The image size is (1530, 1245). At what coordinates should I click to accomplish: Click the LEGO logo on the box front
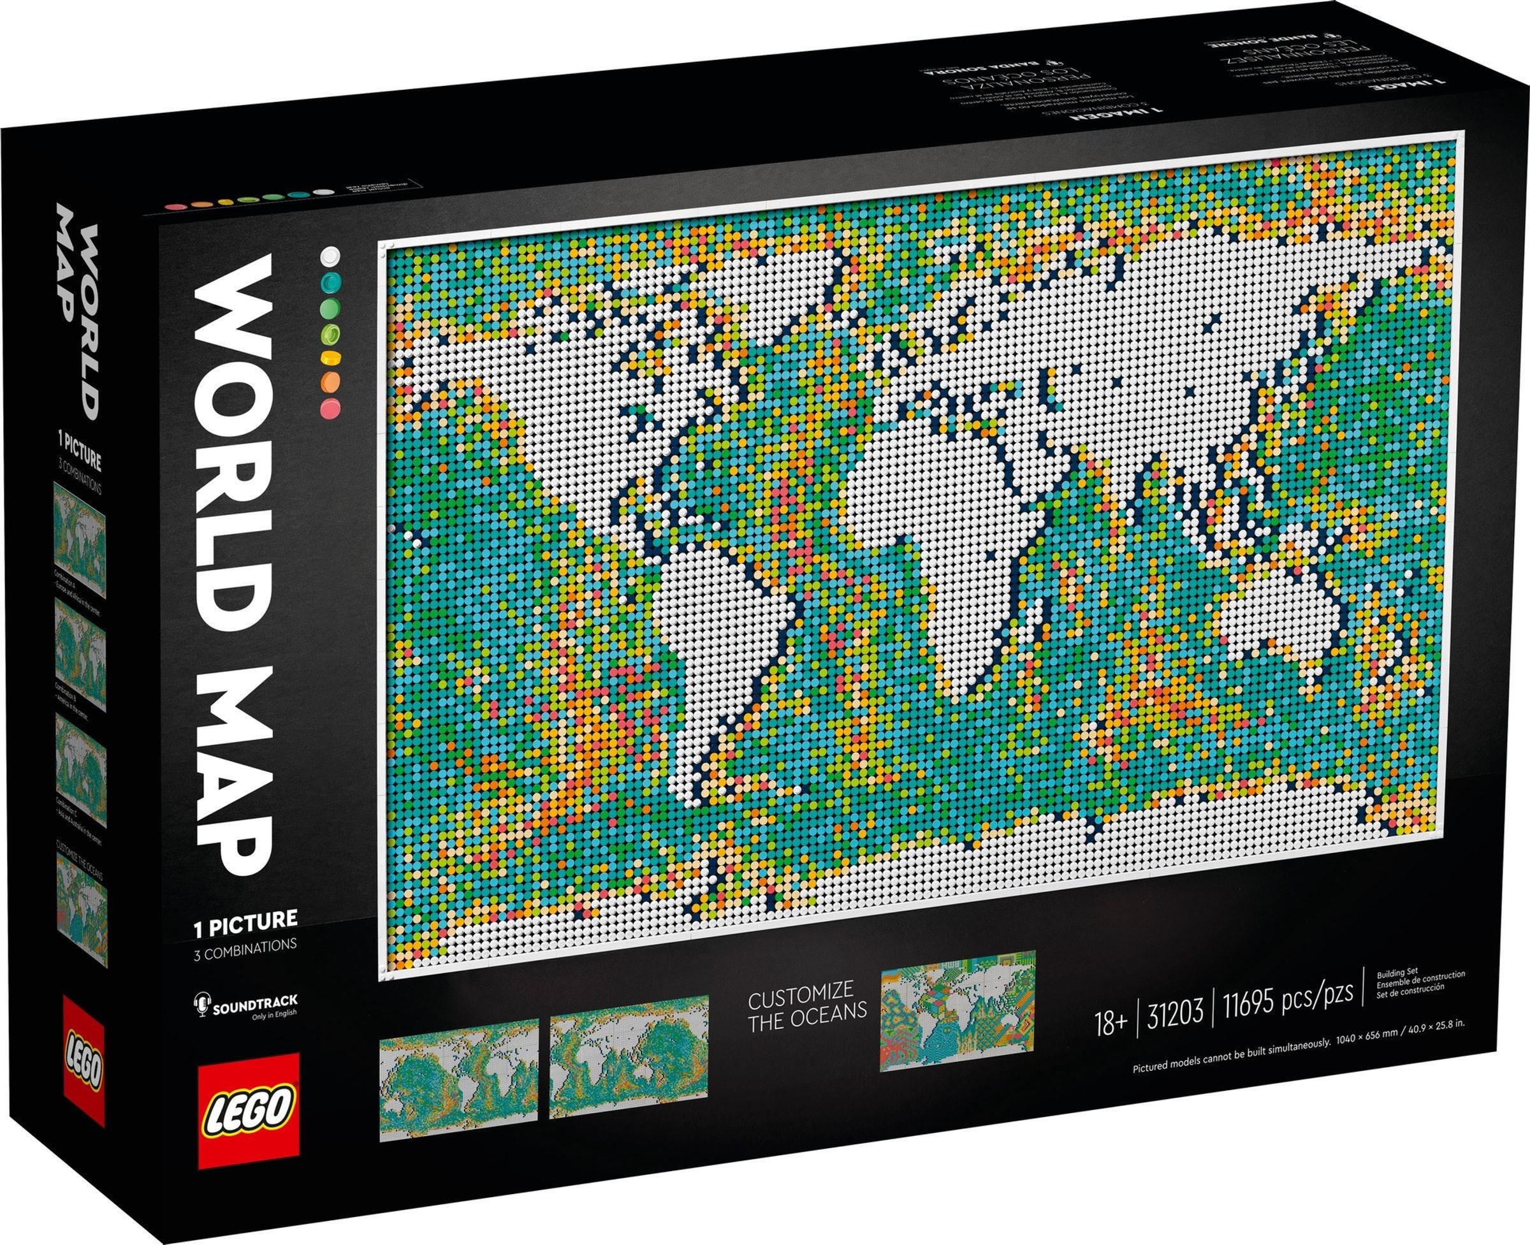tap(247, 1119)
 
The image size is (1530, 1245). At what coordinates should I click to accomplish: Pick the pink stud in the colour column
tap(331, 409)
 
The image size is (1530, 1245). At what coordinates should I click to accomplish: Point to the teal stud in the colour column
tap(331, 280)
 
